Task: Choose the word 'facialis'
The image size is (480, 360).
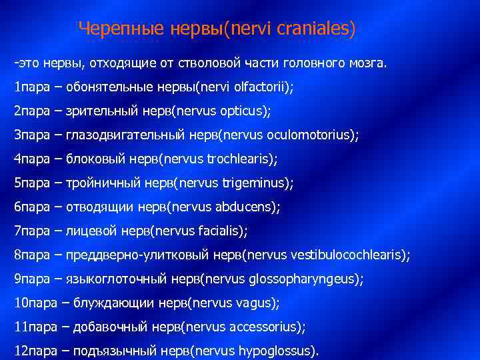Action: [x=221, y=231]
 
